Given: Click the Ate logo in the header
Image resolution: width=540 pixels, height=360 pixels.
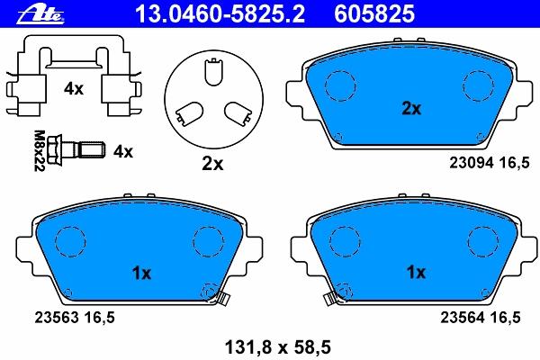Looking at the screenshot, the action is (x=41, y=14).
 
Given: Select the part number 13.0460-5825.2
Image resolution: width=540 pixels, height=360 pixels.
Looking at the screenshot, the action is (x=220, y=14).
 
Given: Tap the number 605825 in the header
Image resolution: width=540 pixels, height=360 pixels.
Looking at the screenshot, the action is (x=374, y=14).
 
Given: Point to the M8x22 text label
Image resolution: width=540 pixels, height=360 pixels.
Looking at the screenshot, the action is (x=40, y=150).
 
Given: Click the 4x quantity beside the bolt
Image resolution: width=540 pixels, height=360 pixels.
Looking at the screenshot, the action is (x=123, y=151).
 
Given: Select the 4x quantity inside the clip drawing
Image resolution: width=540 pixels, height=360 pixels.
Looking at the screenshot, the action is (x=74, y=89).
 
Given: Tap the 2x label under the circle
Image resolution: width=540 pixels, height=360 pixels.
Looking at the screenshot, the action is (x=212, y=164).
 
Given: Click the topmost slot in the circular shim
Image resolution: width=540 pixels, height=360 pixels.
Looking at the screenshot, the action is (x=213, y=71).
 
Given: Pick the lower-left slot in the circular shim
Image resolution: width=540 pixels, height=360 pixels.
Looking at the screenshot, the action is (x=189, y=114).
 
